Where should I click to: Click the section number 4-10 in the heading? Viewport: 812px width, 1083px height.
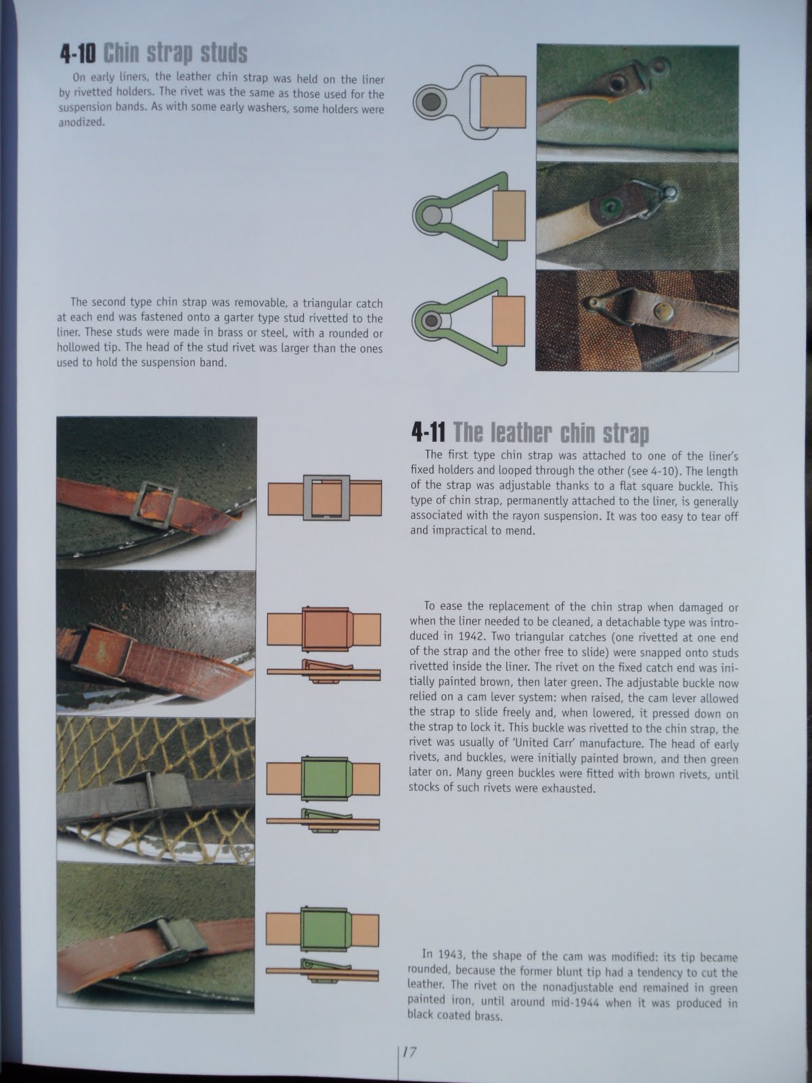pyautogui.click(x=78, y=53)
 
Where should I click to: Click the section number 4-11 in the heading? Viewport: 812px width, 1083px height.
pyautogui.click(x=428, y=432)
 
